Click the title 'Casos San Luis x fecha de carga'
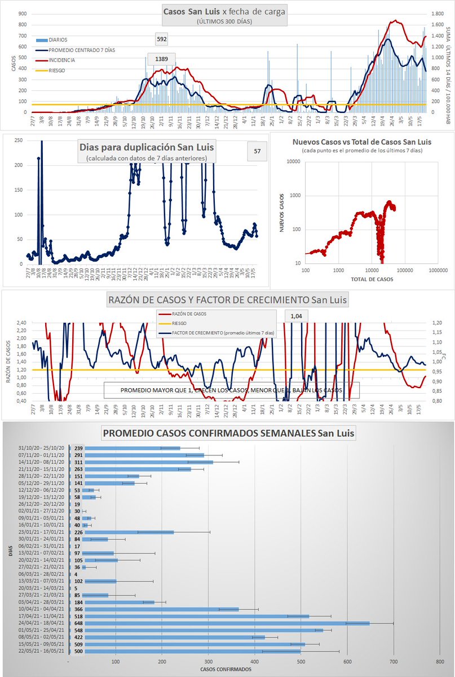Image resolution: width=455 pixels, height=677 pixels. [x=224, y=11]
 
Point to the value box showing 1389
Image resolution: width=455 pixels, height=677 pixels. [x=162, y=59]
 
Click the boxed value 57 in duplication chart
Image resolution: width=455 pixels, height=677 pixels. [x=257, y=151]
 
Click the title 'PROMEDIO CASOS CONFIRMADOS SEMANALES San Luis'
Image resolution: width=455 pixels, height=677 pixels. [x=227, y=433]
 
